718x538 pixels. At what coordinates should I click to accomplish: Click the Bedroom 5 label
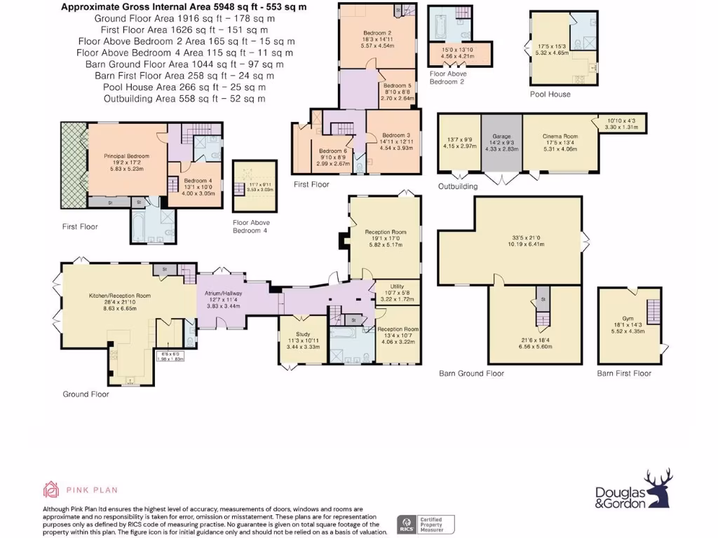(x=398, y=86)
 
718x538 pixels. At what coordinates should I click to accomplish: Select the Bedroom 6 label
(x=333, y=151)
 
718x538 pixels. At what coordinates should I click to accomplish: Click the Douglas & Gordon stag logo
(x=658, y=488)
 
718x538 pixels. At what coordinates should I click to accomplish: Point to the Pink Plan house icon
(x=50, y=489)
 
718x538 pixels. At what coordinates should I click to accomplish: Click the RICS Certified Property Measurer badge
(x=426, y=524)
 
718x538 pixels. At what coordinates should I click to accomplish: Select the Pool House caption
(x=550, y=94)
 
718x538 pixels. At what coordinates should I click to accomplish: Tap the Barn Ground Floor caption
(x=471, y=373)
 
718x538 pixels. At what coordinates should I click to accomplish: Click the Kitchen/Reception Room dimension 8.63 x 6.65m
(x=119, y=308)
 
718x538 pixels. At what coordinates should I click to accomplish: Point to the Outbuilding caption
(x=458, y=186)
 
